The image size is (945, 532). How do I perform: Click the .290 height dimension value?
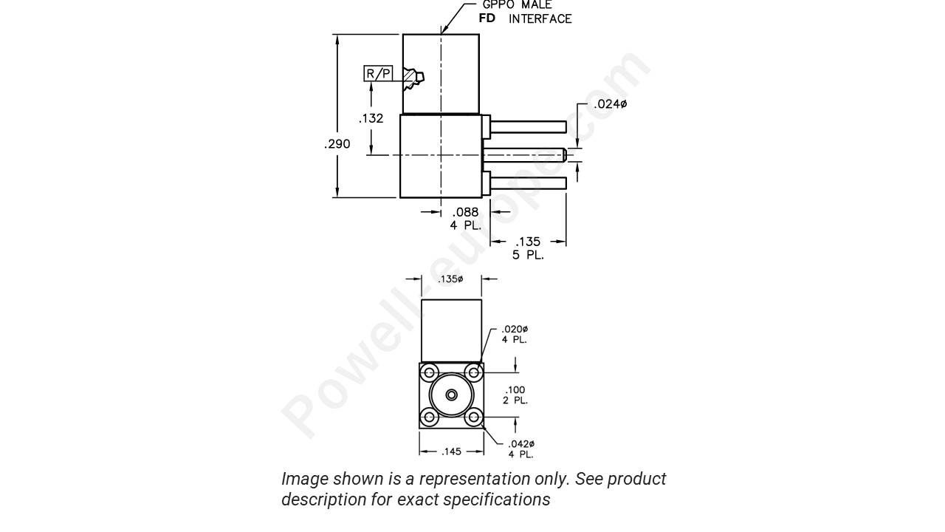coord(337,144)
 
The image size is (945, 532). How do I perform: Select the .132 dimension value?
coord(371,118)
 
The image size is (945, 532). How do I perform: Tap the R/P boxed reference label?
coord(379,74)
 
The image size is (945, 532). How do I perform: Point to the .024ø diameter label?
coord(610,104)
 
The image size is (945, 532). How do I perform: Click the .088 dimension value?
coord(465,213)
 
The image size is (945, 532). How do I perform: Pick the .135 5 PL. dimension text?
coord(528,248)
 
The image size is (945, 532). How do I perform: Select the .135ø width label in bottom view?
coord(451,279)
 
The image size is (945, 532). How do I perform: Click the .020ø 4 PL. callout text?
coord(515,334)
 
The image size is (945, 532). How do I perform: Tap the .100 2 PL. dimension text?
coord(515,395)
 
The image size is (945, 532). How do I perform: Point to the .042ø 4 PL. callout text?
coord(520,449)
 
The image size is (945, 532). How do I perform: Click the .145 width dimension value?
coord(451,451)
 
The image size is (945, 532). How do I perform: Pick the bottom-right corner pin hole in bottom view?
coord(474,418)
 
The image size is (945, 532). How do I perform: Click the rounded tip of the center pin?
coord(564,154)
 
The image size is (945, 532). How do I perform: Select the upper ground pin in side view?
coord(528,127)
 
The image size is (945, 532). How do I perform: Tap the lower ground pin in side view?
coord(528,183)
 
